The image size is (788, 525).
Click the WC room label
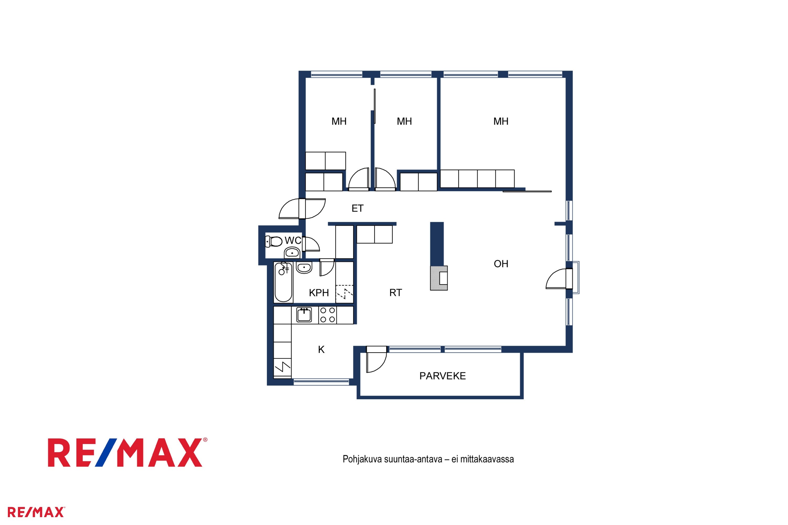tap(293, 240)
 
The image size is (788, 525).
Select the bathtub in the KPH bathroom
tap(283, 282)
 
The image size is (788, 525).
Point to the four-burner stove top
tap(327, 315)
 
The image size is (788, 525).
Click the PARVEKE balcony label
tap(443, 376)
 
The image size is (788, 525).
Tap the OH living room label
tap(501, 264)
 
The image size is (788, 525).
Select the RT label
tap(395, 293)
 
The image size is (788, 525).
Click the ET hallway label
tap(357, 208)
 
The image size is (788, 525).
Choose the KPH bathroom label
tap(319, 293)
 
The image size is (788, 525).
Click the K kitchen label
tap(321, 350)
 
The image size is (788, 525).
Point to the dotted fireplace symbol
tap(439, 278)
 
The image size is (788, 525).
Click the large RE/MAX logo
tap(127, 452)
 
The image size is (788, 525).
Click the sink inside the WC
tap(292, 253)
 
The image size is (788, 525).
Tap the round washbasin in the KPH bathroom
tap(304, 267)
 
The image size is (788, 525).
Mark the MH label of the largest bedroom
tap(501, 121)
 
